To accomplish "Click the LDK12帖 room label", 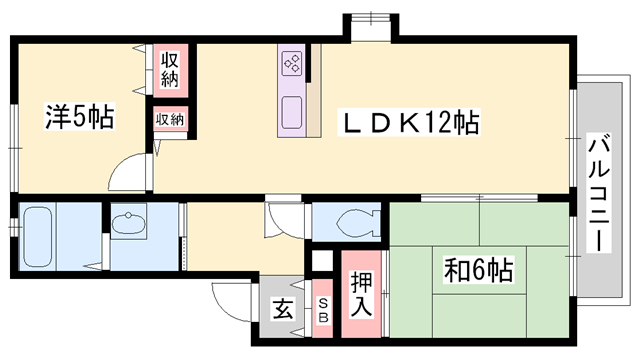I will [x=409, y=123].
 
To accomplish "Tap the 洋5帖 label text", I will [x=78, y=117].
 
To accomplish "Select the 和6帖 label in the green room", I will [x=479, y=271].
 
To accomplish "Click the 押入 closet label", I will [x=361, y=291].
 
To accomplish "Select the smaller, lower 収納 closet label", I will [x=170, y=119].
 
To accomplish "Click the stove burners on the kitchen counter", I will [x=294, y=63].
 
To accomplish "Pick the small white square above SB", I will [x=321, y=261].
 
